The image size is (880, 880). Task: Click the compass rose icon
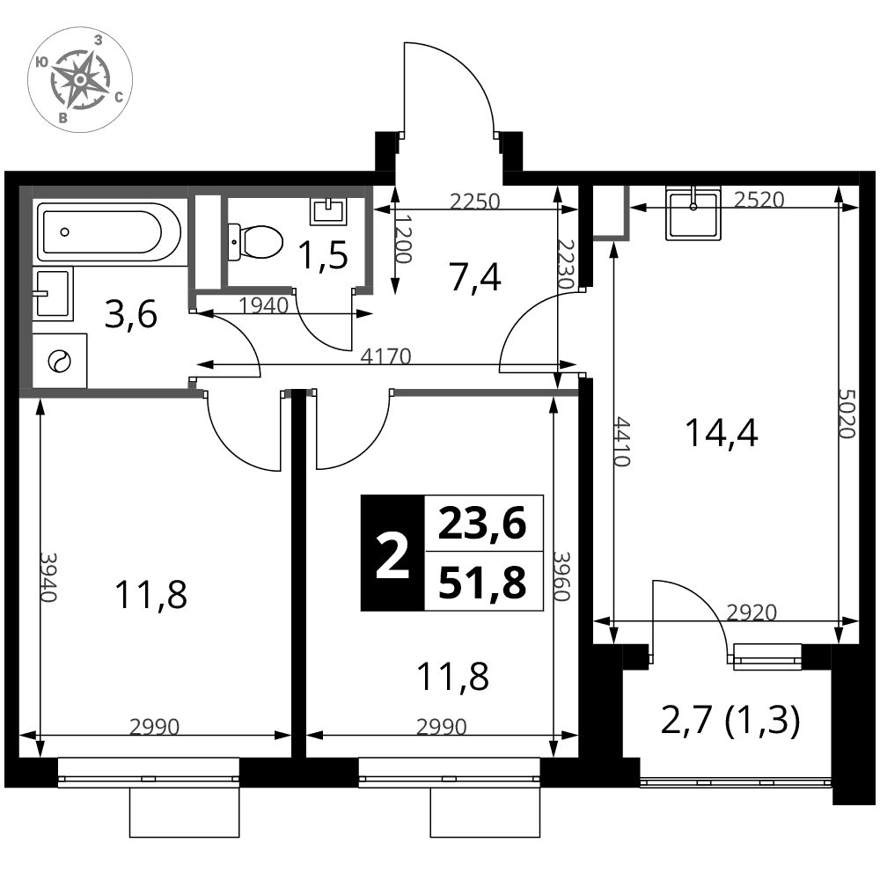tap(80, 80)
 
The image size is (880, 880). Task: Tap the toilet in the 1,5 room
tap(254, 242)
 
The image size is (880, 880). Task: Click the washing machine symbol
tap(60, 361)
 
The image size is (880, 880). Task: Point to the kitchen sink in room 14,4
tap(693, 215)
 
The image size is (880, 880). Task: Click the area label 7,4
tap(475, 278)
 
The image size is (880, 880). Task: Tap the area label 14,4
tap(722, 433)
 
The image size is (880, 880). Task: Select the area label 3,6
tap(131, 314)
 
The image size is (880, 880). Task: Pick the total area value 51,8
tap(482, 582)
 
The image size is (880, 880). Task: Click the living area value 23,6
tap(482, 523)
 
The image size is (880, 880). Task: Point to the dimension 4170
tap(385, 356)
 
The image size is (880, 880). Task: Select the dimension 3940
tap(48, 577)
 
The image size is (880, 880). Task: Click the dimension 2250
tap(475, 201)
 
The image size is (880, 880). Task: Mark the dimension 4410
tap(623, 442)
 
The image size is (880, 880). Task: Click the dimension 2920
tap(752, 612)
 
